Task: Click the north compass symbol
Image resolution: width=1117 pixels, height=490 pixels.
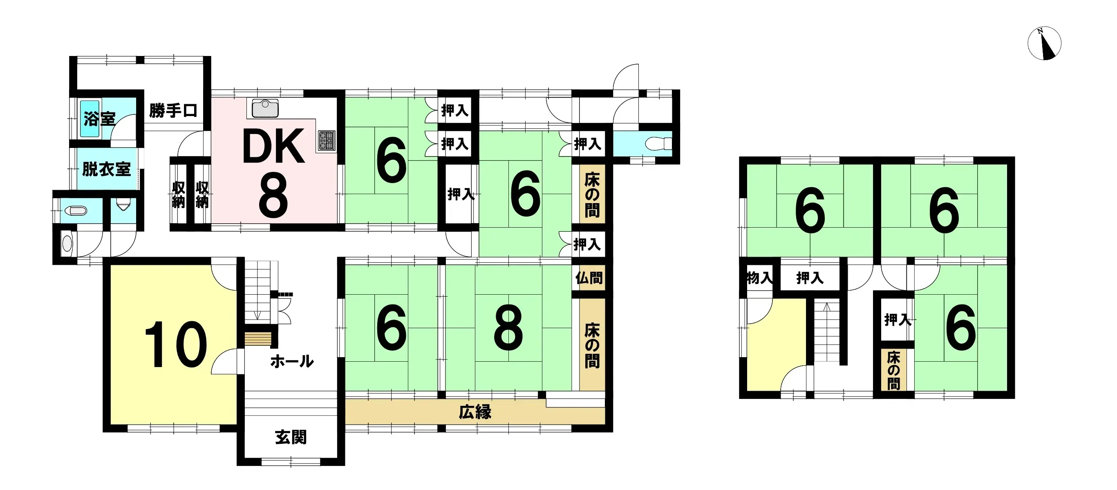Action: (x=1044, y=43)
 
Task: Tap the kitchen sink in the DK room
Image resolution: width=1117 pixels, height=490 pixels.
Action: (x=265, y=108)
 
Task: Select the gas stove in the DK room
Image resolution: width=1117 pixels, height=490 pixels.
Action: (x=327, y=140)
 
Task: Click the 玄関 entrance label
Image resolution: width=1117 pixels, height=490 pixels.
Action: (x=291, y=437)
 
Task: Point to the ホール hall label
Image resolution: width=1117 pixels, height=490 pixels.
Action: (x=292, y=361)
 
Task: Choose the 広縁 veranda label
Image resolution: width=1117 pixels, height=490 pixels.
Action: (x=475, y=412)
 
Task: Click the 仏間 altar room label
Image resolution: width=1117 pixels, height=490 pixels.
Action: (x=589, y=278)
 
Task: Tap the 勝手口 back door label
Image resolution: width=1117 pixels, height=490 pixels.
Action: (x=173, y=111)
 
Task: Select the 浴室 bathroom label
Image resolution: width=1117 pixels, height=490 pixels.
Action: (x=100, y=119)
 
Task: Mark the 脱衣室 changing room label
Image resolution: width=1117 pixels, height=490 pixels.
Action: (x=107, y=169)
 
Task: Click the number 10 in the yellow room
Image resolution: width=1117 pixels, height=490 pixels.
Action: (x=176, y=345)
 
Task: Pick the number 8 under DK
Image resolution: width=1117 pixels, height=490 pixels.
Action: (x=273, y=195)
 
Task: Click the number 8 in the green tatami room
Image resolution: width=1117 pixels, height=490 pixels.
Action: (x=508, y=328)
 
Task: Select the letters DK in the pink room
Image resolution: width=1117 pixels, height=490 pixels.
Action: (x=273, y=147)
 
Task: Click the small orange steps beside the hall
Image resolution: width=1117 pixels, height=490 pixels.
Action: (x=258, y=339)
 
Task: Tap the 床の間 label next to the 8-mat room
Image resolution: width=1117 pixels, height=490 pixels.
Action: (x=592, y=346)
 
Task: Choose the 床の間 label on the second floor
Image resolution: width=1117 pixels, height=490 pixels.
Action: (x=893, y=370)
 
